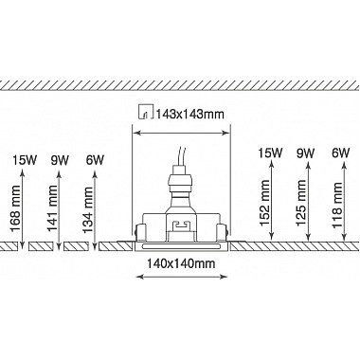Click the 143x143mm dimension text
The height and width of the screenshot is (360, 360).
pyautogui.click(x=190, y=114)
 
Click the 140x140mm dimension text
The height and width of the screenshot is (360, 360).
pyautogui.click(x=181, y=263)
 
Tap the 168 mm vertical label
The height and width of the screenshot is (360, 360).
pyautogui.click(x=15, y=208)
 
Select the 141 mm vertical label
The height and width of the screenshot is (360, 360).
pyautogui.click(x=53, y=208)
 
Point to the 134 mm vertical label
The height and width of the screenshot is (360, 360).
pyautogui.click(x=88, y=210)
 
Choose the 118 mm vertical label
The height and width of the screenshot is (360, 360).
pyautogui.click(x=337, y=206)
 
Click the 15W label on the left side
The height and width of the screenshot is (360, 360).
pyautogui.click(x=25, y=160)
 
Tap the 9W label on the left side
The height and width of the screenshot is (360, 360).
pyautogui.click(x=60, y=160)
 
